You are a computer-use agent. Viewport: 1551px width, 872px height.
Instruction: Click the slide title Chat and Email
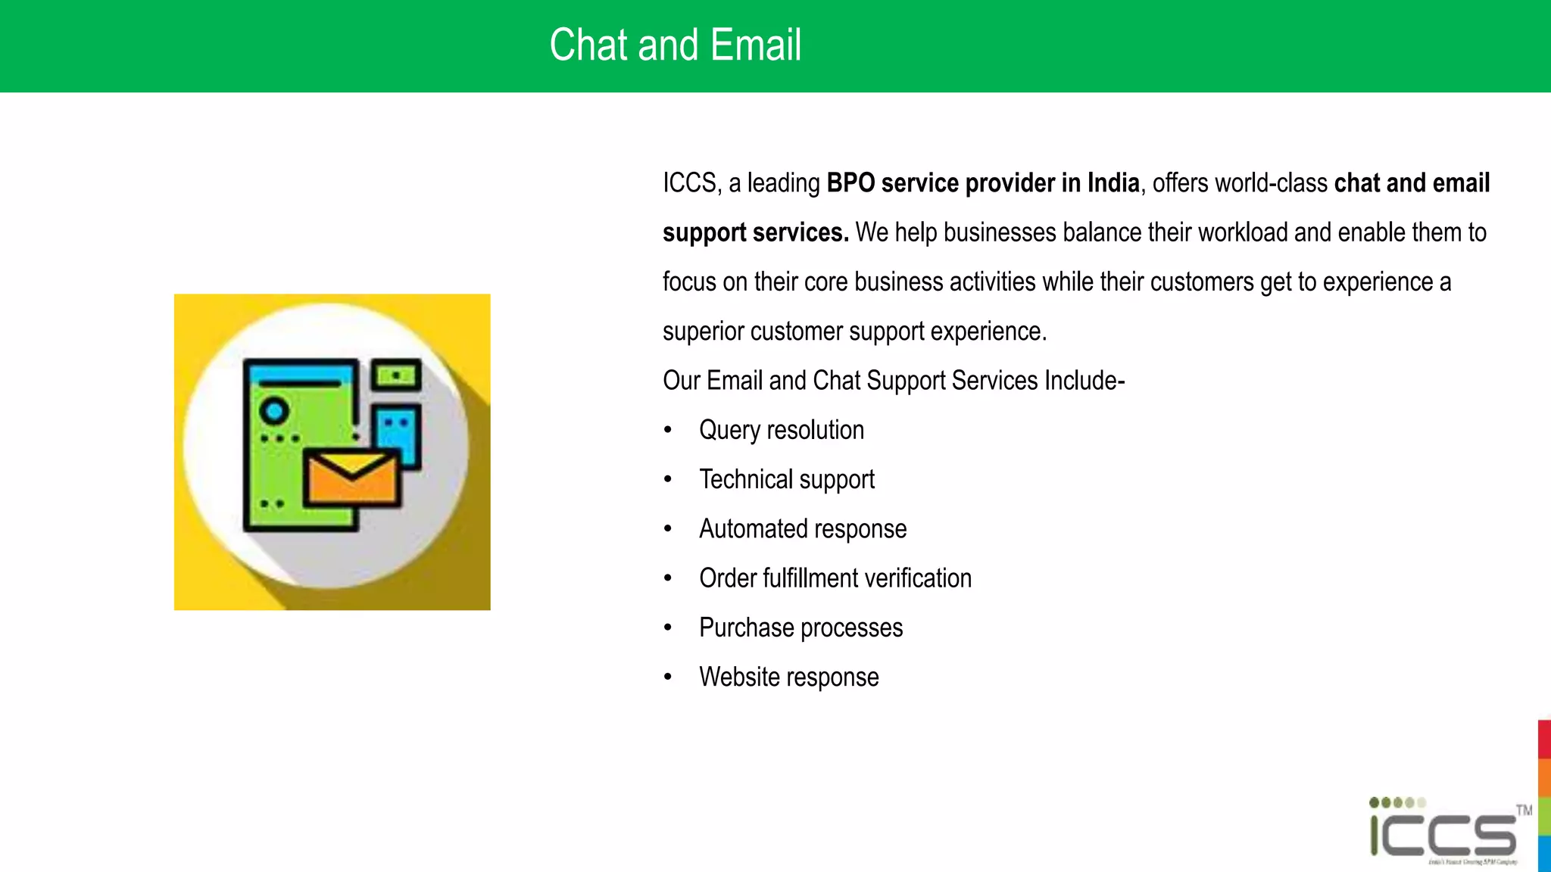675,45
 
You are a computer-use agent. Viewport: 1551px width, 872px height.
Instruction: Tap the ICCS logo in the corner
1443,833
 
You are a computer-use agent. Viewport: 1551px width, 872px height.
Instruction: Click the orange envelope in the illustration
351,478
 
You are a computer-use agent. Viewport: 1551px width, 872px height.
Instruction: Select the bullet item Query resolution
781,430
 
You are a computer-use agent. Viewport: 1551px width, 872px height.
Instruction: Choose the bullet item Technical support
786,479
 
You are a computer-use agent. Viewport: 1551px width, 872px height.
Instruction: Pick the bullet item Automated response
802,528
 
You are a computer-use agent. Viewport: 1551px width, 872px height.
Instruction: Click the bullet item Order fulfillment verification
835,578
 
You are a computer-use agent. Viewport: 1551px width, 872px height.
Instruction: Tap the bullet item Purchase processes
800,628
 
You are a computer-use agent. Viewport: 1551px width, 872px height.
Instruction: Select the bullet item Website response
788,677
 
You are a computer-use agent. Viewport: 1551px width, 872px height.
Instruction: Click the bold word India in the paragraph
1113,183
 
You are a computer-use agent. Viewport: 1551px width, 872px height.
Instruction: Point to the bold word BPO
850,183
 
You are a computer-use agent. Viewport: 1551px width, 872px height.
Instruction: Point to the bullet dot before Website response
667,677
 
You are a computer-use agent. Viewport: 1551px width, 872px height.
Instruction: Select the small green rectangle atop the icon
395,375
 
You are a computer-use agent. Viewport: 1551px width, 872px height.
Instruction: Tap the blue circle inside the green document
274,411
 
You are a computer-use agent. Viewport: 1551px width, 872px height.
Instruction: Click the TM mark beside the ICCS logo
1524,810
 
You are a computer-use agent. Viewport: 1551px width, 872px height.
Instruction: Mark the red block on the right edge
1544,739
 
